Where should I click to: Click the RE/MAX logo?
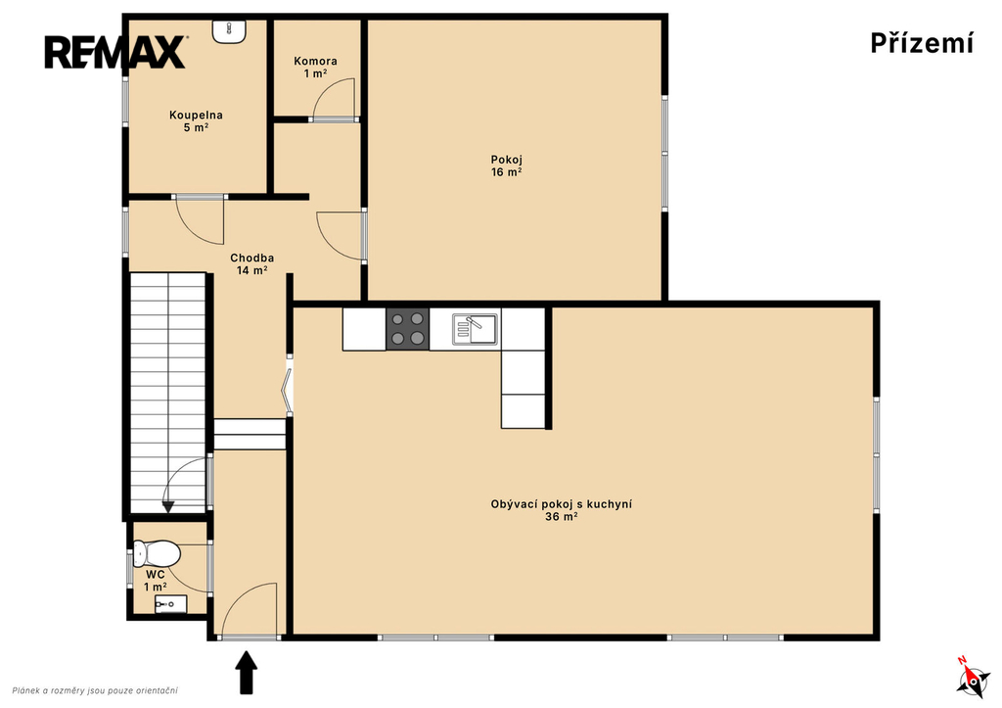(115, 52)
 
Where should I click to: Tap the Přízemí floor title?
(922, 43)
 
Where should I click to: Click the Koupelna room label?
(196, 120)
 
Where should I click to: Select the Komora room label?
(316, 68)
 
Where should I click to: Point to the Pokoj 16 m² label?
(506, 165)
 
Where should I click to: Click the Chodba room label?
(251, 263)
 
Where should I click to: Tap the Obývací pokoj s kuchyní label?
(561, 510)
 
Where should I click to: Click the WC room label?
(156, 580)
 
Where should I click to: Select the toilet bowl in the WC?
(157, 553)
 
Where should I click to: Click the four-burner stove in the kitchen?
(408, 329)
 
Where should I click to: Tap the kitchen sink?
(476, 329)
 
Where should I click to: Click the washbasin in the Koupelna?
(229, 31)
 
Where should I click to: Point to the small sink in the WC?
(170, 604)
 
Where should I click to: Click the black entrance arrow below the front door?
(246, 672)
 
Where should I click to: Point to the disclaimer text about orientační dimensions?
(95, 690)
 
